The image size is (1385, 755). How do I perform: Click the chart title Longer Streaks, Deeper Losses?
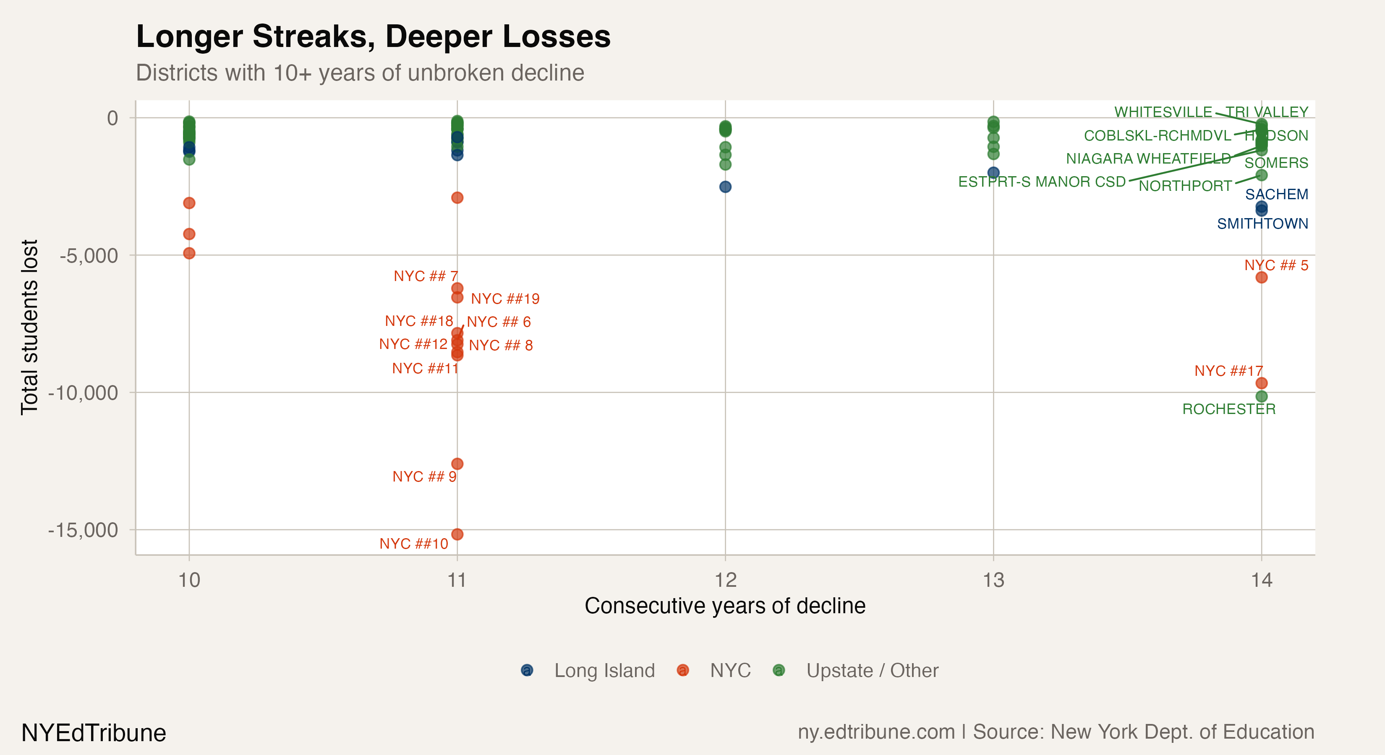pos(373,36)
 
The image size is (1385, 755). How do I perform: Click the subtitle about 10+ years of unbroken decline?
pos(360,73)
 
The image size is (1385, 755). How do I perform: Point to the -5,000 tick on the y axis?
pos(89,256)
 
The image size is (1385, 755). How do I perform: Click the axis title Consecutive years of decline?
pos(725,606)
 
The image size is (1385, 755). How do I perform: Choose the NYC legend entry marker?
pos(683,671)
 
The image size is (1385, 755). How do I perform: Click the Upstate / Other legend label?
pos(872,671)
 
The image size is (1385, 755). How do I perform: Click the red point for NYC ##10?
pos(457,534)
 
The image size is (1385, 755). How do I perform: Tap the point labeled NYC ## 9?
pos(457,464)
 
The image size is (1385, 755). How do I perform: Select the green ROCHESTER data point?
pos(1261,396)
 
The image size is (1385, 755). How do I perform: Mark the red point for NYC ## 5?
pos(1261,277)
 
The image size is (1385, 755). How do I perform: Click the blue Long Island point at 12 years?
pos(725,187)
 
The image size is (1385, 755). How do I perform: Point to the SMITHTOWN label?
pos(1262,224)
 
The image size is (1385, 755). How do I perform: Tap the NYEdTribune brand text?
pos(94,733)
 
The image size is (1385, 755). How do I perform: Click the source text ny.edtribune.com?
pos(876,732)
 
